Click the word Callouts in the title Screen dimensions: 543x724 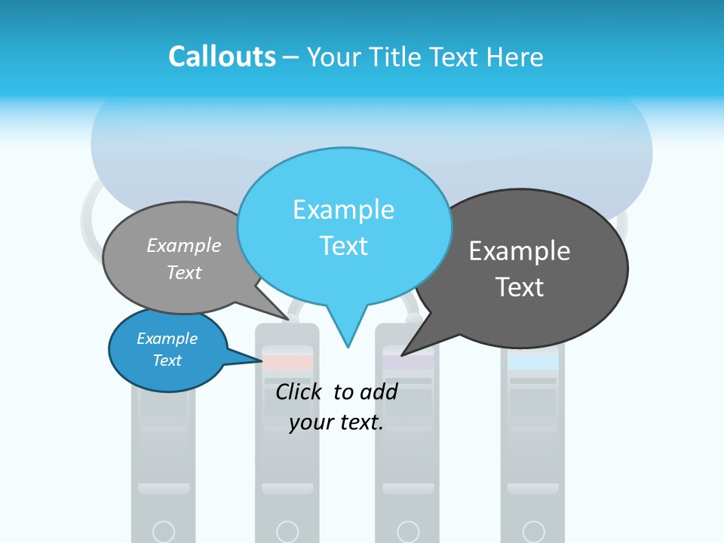(x=222, y=57)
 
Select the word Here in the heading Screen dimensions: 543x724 (x=515, y=57)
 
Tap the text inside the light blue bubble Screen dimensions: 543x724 (x=343, y=228)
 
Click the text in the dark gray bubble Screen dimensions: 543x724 (x=520, y=268)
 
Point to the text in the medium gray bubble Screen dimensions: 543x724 (x=184, y=259)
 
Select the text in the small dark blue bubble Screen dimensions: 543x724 (x=167, y=349)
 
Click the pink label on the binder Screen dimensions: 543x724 (x=287, y=363)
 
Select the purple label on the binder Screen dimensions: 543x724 (x=408, y=363)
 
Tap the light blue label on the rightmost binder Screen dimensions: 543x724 (x=533, y=362)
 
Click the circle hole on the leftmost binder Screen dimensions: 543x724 (x=164, y=532)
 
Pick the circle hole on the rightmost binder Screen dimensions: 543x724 (x=533, y=532)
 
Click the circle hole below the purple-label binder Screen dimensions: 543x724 (x=408, y=532)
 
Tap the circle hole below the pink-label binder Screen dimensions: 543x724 (x=287, y=532)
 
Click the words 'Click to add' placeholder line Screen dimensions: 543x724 (x=336, y=391)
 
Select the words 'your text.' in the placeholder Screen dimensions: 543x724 (x=336, y=423)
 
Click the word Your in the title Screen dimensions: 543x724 (x=337, y=57)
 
